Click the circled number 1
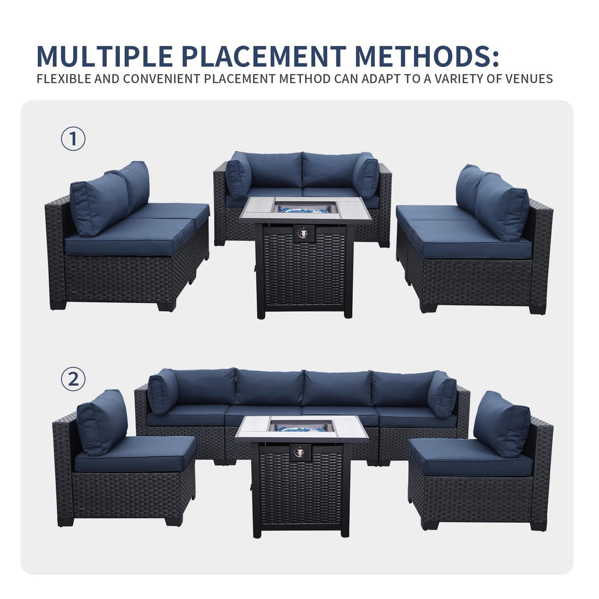[73, 140]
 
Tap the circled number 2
[73, 379]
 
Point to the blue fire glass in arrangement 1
[302, 209]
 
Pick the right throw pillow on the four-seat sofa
[442, 394]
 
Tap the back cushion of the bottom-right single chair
[501, 423]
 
